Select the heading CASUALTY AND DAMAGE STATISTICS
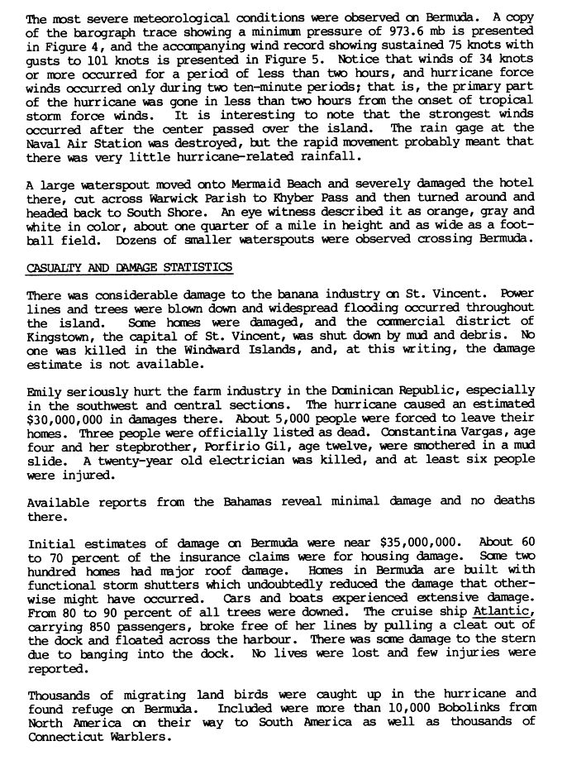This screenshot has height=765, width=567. pos(129,267)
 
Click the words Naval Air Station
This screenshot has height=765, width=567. pos(76,141)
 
